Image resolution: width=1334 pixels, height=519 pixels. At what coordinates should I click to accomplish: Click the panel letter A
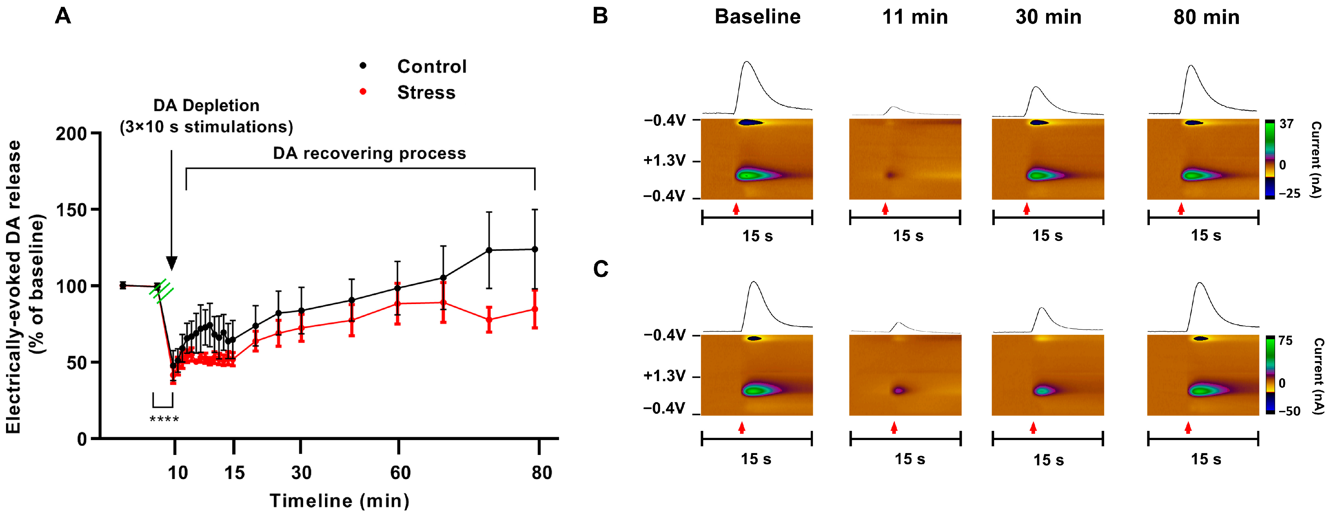point(63,16)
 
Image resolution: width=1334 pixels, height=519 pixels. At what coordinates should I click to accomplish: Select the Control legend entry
point(431,66)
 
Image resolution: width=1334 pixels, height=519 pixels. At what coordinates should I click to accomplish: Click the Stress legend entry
point(426,92)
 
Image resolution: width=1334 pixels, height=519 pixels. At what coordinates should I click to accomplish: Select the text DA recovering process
point(369,153)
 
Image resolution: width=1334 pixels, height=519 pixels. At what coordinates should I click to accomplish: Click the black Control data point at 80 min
point(535,249)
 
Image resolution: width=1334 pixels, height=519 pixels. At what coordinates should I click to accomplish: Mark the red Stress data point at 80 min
point(535,309)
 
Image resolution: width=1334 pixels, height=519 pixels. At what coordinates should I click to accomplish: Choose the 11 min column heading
point(915,17)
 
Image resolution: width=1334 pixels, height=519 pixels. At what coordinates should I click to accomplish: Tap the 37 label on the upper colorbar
point(1286,124)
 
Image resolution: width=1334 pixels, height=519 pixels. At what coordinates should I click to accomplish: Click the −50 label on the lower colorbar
point(1289,411)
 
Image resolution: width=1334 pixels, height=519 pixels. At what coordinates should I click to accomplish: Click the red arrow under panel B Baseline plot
point(736,208)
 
